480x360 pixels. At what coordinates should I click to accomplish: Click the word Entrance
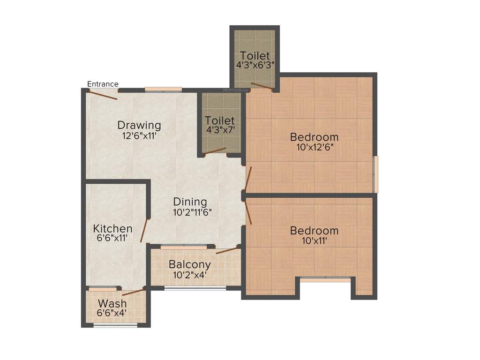[x=103, y=84]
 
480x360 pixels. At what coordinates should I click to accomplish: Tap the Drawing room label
[x=139, y=125]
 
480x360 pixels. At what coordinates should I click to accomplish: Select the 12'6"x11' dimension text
[x=139, y=136]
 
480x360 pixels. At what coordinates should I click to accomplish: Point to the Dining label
[x=190, y=202]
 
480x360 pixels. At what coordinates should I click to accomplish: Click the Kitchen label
[x=112, y=228]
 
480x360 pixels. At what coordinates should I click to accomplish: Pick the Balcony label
[x=190, y=264]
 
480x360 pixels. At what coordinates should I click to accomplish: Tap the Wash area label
[x=112, y=303]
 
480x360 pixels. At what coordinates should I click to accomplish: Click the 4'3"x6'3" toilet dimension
[x=255, y=65]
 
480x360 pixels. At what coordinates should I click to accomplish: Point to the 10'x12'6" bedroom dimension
[x=314, y=148]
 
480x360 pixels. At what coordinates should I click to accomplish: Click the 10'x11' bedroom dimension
[x=314, y=241]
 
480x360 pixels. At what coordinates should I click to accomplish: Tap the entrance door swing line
[x=103, y=94]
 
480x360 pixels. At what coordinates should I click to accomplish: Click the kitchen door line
[x=144, y=230]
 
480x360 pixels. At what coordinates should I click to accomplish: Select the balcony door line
[x=227, y=250]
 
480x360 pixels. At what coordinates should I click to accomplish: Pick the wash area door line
[x=133, y=292]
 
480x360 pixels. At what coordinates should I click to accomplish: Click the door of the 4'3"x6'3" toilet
[x=262, y=86]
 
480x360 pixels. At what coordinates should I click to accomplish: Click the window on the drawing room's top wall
[x=163, y=89]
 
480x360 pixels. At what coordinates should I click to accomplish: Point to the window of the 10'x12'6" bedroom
[x=375, y=174]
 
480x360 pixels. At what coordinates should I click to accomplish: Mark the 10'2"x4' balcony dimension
[x=190, y=275]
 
